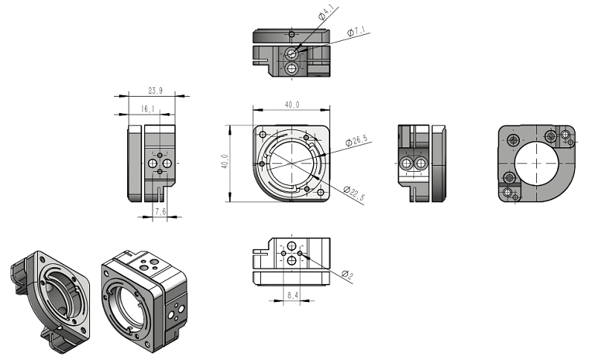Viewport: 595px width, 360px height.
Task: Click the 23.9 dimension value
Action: pyautogui.click(x=155, y=90)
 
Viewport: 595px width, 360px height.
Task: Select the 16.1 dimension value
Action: pyautogui.click(x=147, y=109)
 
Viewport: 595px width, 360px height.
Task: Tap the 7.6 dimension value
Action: pyautogui.click(x=160, y=212)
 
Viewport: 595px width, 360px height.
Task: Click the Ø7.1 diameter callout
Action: pyautogui.click(x=358, y=32)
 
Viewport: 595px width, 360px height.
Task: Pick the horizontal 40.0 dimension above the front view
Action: pyautogui.click(x=292, y=105)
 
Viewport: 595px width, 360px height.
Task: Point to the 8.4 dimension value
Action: pyautogui.click(x=292, y=295)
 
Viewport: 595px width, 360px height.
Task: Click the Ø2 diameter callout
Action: pyautogui.click(x=347, y=274)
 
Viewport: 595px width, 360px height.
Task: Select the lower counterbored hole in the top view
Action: pyautogui.click(x=292, y=68)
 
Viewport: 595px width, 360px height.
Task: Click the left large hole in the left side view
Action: pyautogui.click(x=153, y=162)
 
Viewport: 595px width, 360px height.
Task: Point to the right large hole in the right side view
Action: pyautogui.click(x=421, y=163)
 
